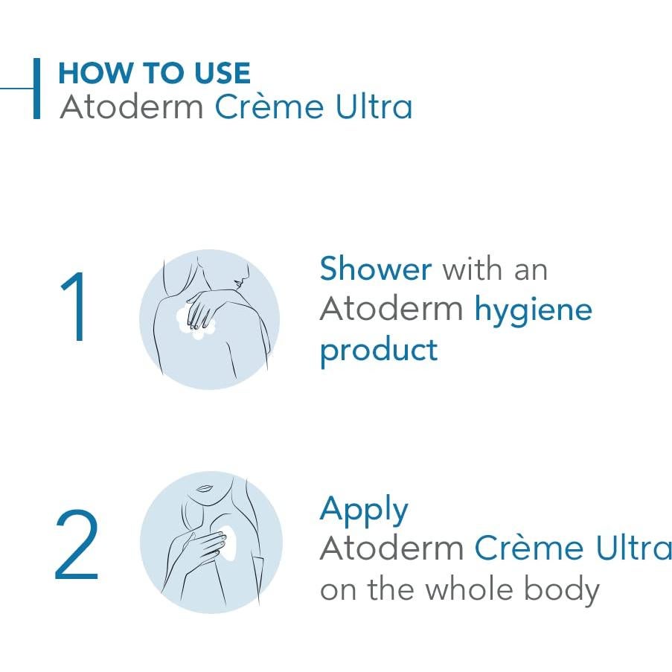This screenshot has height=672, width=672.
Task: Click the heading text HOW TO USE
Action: click(x=154, y=73)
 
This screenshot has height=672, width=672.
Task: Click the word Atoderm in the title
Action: click(x=132, y=107)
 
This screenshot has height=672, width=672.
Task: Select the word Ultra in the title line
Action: click(x=371, y=107)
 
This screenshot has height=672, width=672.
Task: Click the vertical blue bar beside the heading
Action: click(x=36, y=89)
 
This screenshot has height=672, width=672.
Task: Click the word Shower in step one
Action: click(x=375, y=269)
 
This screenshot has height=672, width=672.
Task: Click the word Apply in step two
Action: click(x=364, y=511)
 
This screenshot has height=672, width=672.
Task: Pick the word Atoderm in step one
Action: click(x=391, y=309)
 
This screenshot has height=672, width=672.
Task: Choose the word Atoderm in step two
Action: click(x=391, y=548)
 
